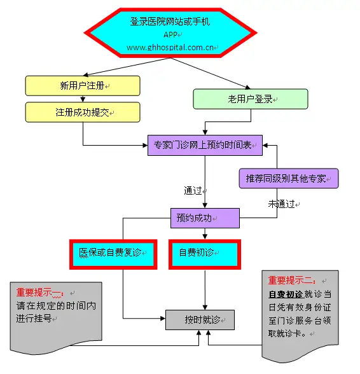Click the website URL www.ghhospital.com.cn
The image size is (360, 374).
point(170,48)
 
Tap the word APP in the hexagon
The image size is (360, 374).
point(170,35)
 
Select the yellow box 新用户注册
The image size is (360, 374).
point(83,86)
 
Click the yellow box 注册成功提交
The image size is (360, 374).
point(83,112)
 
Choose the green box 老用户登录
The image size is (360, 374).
point(250,99)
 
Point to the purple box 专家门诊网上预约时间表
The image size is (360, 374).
point(205,145)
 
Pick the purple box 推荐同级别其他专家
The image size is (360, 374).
point(289,178)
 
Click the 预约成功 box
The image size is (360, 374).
point(205,218)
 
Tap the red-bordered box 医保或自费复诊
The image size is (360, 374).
point(113,254)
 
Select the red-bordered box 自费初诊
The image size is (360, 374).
point(205,254)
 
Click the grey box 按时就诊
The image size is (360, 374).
point(200,320)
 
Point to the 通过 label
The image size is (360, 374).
point(193,191)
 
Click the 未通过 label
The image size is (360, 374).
point(282,204)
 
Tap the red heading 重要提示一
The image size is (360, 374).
point(40,293)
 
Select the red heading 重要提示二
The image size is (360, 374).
point(292,280)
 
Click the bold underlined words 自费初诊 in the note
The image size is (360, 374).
point(286,294)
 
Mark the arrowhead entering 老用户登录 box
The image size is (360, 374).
point(247,87)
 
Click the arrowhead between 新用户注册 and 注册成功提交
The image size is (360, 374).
point(83,99)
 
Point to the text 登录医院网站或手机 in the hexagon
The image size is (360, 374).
point(170,22)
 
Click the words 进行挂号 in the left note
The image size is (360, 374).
point(34,318)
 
